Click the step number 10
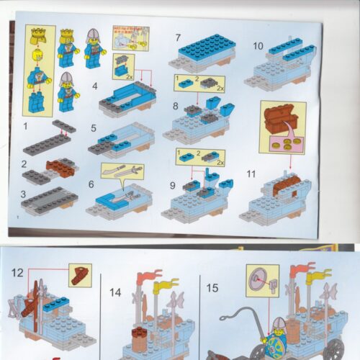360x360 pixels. (258, 45)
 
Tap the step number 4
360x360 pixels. (94, 88)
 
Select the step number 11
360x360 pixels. (251, 174)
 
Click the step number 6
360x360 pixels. (90, 184)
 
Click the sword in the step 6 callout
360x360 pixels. (117, 170)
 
